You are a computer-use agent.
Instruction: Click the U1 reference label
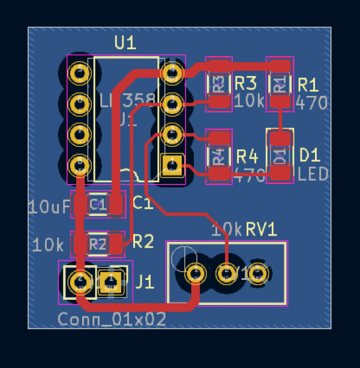coord(125,43)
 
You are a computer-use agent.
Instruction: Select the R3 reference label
coord(246,83)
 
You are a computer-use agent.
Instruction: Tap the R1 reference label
coord(310,83)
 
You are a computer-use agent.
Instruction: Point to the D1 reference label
coord(310,155)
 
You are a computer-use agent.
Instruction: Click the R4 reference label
coord(247,156)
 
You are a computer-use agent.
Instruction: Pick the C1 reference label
coord(142,204)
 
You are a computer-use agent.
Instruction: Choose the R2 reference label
coord(143,242)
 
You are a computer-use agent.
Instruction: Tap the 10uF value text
coord(49,207)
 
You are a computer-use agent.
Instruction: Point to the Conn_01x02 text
coord(112,319)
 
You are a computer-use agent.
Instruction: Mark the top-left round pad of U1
coord(79,73)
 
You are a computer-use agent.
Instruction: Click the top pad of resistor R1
coord(279,65)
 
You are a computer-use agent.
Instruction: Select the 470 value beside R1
coord(312,102)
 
